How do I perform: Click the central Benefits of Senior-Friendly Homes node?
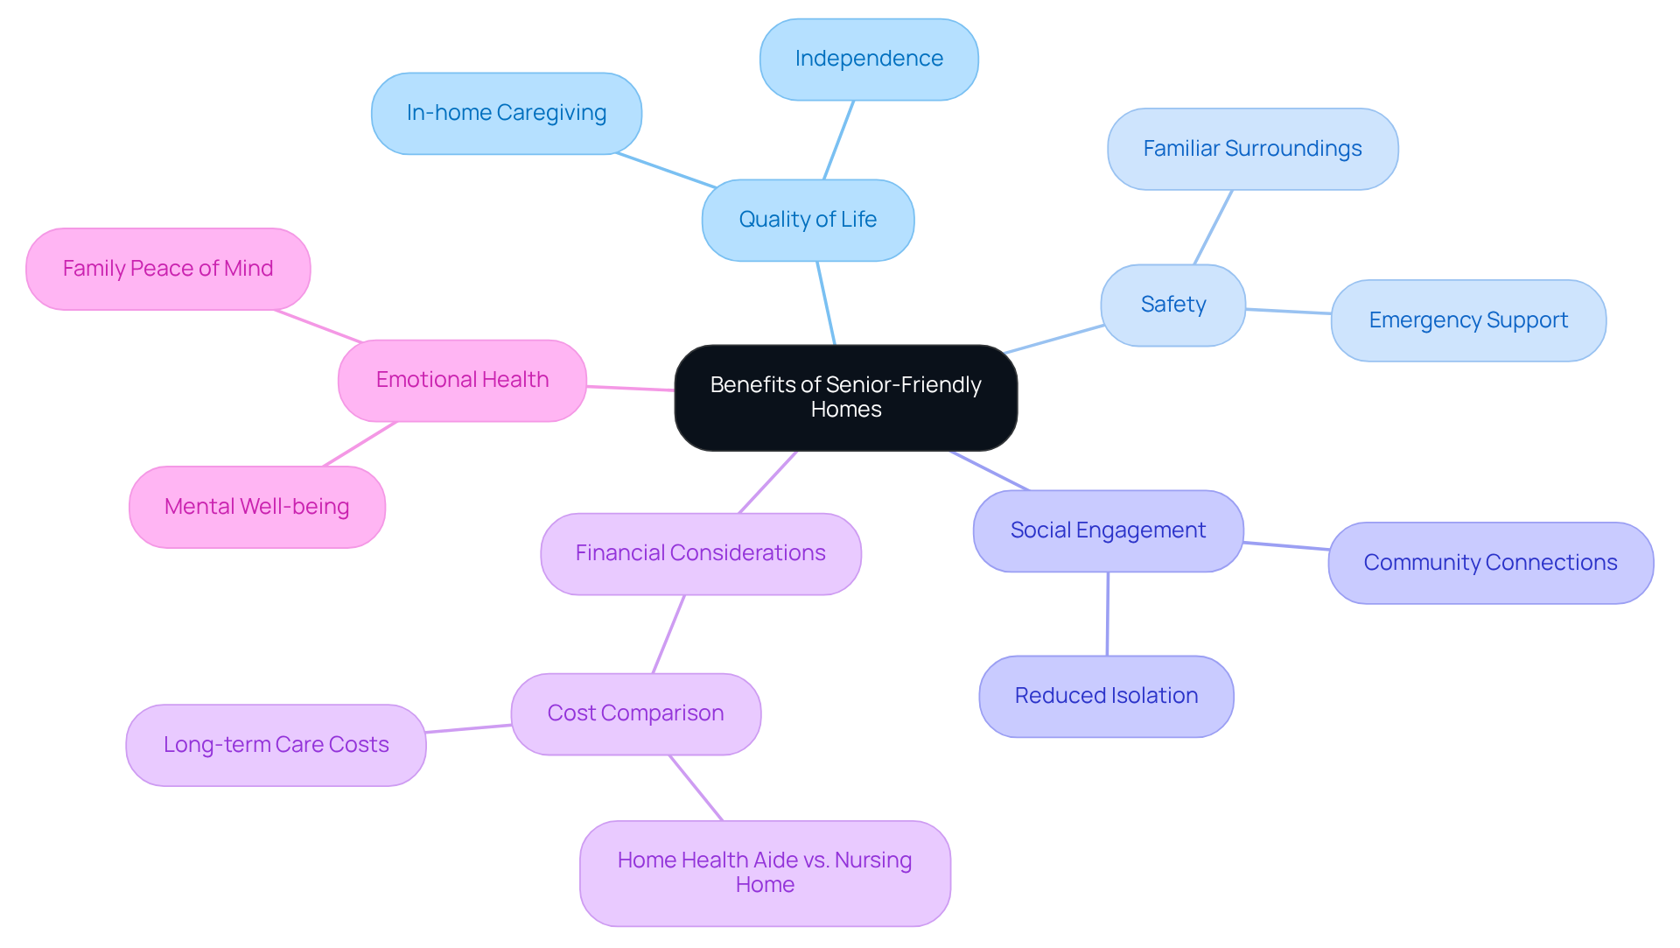[x=845, y=397]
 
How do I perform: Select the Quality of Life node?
[x=808, y=220]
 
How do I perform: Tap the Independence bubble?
[x=869, y=59]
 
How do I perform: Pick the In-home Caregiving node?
[x=506, y=113]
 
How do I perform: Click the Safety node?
[x=1172, y=305]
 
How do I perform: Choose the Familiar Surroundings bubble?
[x=1252, y=149]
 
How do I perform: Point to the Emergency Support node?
[x=1467, y=320]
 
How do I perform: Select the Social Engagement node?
[x=1108, y=530]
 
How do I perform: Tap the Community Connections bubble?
[x=1490, y=563]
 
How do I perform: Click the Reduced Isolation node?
[x=1106, y=696]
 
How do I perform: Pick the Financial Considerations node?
[x=700, y=553]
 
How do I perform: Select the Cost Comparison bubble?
[x=635, y=713]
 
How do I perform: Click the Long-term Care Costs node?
[x=276, y=745]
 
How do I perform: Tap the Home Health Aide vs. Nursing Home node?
[x=765, y=873]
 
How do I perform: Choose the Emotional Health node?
[x=462, y=380]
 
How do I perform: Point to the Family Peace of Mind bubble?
[x=168, y=269]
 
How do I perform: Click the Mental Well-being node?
[x=256, y=507]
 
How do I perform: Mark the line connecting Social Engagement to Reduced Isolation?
[x=1108, y=614]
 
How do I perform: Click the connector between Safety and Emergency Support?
[x=1288, y=311]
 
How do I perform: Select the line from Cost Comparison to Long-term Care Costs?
[x=468, y=728]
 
